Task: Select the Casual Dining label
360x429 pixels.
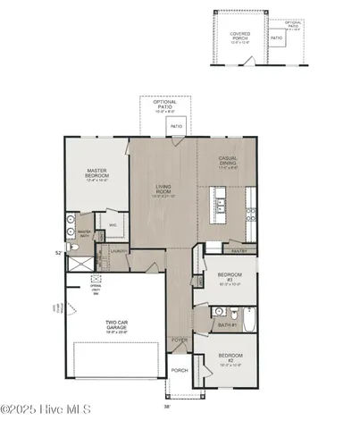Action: coord(228,162)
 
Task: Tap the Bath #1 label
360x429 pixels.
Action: coord(226,324)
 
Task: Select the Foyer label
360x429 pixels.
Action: coord(180,340)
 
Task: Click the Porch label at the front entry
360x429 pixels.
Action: coord(180,370)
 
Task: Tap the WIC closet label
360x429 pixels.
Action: coord(113,225)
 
